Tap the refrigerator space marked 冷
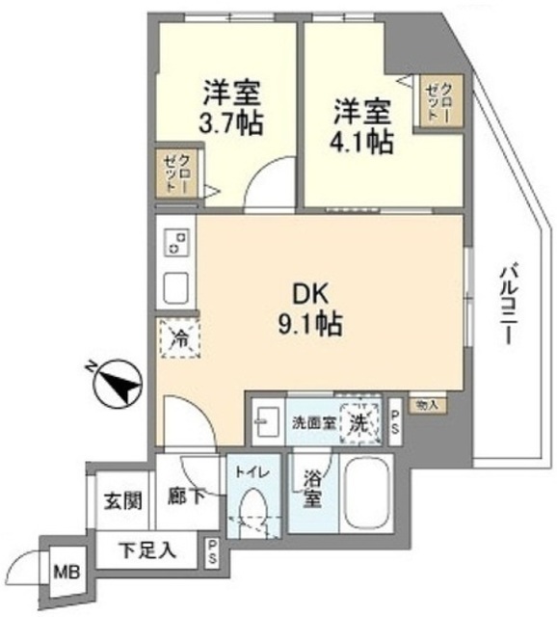pyautogui.click(x=178, y=338)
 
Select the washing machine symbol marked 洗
pyautogui.click(x=358, y=421)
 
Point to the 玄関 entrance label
pyautogui.click(x=123, y=502)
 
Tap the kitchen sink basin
pyautogui.click(x=176, y=287)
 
